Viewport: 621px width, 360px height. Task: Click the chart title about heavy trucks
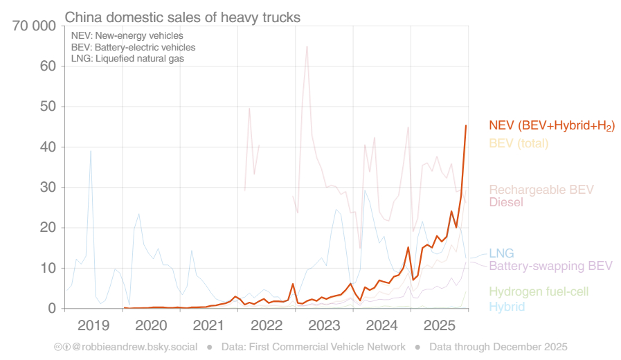[x=183, y=17]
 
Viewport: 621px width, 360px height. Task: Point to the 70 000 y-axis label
[x=33, y=27]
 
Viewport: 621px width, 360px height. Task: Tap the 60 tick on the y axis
[x=46, y=66]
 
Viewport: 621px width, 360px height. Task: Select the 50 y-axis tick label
[x=46, y=107]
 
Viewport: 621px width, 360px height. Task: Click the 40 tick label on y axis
[x=46, y=147]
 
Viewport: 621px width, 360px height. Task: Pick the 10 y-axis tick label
[x=46, y=268]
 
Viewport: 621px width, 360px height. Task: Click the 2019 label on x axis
[x=93, y=325]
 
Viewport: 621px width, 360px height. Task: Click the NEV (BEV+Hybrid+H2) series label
[x=551, y=126]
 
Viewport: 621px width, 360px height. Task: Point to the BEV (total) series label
[x=519, y=144]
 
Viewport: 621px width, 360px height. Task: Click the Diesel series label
[x=506, y=203]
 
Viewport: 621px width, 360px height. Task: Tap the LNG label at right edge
[x=501, y=253]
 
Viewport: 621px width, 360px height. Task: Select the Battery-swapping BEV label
[x=550, y=266]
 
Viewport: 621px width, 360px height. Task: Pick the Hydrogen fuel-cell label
[x=539, y=292]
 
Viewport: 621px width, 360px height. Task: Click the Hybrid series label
[x=507, y=307]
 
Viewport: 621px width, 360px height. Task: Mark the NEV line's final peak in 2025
[x=466, y=125]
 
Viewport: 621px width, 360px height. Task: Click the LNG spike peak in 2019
[x=91, y=150]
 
